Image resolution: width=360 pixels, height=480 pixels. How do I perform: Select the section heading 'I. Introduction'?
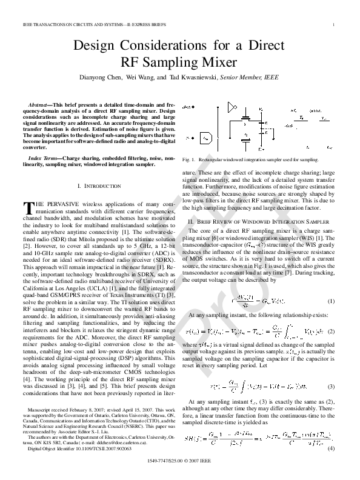pos(96,184)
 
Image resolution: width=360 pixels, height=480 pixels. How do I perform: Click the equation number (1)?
pos(331,301)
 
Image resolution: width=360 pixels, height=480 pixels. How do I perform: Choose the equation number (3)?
pos(331,385)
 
